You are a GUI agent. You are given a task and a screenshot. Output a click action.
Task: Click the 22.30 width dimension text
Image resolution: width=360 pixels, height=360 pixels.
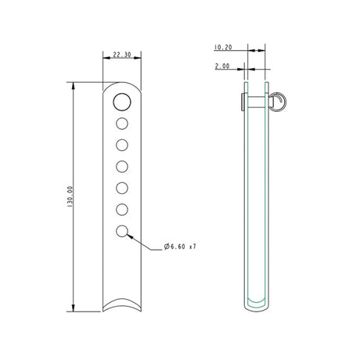point(121,56)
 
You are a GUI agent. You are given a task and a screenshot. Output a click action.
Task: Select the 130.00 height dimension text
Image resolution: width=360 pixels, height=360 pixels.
point(70,196)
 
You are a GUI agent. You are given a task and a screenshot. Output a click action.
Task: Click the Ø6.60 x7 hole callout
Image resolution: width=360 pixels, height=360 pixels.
point(179,247)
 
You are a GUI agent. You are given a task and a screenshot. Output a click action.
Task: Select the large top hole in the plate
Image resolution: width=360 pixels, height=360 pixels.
point(122,102)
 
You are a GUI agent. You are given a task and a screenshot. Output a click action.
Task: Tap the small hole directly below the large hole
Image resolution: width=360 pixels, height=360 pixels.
point(122,124)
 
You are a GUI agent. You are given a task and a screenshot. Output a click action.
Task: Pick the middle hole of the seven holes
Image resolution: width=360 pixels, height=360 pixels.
point(122,166)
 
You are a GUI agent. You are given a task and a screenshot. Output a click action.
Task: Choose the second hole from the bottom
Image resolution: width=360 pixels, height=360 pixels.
point(122,209)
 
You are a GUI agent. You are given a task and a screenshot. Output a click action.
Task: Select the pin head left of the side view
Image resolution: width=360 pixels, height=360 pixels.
point(241,101)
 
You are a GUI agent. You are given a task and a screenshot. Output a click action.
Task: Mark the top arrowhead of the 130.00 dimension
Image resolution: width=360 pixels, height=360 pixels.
point(74,85)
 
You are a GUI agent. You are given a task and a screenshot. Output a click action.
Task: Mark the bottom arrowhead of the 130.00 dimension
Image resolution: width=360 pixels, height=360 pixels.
point(74,308)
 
